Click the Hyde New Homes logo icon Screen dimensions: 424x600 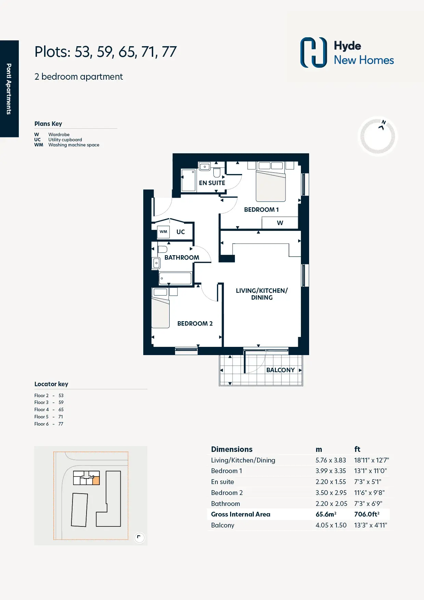[314, 52]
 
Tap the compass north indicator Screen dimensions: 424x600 [382, 125]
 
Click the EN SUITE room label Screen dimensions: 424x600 [212, 183]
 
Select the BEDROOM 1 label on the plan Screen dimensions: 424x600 [261, 210]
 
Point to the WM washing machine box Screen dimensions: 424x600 [163, 232]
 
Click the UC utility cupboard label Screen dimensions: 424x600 [181, 232]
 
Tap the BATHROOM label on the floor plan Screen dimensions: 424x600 [182, 258]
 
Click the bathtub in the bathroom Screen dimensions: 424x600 [175, 278]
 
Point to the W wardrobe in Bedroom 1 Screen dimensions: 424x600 [280, 223]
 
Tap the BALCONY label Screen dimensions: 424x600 [280, 370]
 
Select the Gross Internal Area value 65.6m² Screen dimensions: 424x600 [326, 514]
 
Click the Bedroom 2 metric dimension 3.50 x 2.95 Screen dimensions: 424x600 [331, 493]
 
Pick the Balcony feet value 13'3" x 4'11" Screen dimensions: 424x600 [371, 525]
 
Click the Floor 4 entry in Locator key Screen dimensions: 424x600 [49, 409]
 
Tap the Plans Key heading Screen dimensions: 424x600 [48, 124]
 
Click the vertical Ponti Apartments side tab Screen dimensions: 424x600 [9, 89]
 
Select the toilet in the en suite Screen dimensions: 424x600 [217, 172]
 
